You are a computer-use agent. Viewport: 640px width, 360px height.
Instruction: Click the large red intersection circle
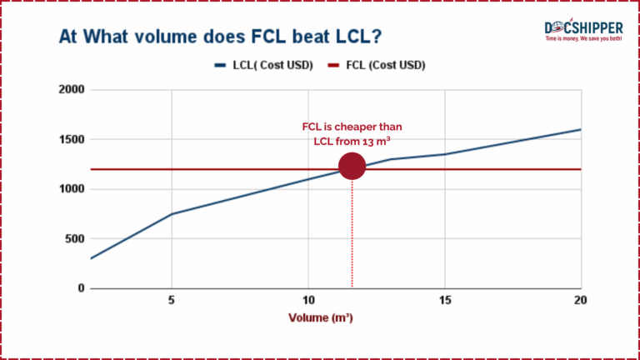(x=352, y=166)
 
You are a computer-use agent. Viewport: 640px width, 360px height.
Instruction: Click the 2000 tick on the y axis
(x=72, y=90)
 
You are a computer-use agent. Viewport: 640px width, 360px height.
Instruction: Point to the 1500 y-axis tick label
(x=72, y=139)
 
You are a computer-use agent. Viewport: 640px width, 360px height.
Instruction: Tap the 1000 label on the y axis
(x=72, y=189)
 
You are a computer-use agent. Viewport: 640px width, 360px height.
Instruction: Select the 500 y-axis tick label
(x=75, y=239)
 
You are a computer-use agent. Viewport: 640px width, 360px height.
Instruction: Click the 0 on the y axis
(x=81, y=288)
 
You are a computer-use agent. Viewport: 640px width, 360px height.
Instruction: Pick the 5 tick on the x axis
(x=172, y=300)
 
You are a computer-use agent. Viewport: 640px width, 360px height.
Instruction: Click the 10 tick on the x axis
(x=308, y=300)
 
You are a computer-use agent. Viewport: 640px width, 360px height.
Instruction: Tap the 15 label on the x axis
(x=444, y=300)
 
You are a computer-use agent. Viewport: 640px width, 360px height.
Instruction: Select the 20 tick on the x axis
(x=580, y=300)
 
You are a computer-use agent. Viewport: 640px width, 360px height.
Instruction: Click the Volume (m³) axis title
(x=320, y=317)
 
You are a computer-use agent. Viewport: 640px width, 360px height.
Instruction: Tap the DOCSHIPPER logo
(x=583, y=30)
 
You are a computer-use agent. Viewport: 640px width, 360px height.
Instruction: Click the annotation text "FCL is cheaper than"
(x=352, y=127)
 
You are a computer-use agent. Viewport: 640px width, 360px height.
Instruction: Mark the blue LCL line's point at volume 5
(x=172, y=214)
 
